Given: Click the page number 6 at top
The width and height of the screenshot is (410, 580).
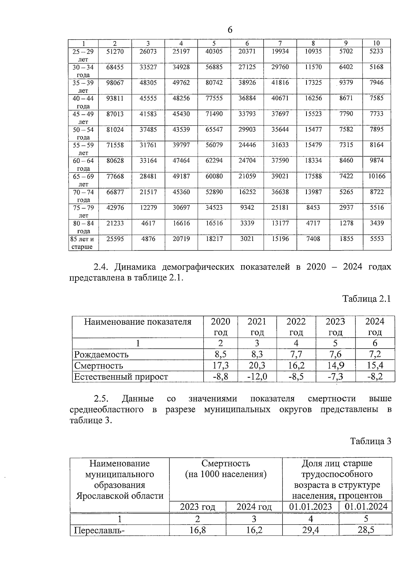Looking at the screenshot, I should click(x=230, y=30).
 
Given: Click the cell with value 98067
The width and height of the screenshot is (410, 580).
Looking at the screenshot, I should click(x=115, y=83).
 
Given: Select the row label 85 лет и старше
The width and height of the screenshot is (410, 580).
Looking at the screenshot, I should click(x=82, y=243).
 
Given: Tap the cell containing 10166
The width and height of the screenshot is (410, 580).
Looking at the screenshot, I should click(x=377, y=176).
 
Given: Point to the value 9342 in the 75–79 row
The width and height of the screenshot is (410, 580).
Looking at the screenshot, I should click(x=247, y=207).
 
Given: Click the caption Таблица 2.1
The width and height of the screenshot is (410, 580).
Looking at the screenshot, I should click(x=366, y=299).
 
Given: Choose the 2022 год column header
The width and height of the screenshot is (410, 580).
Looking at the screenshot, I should click(x=296, y=327).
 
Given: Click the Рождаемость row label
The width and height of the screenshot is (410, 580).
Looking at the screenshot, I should click(x=101, y=354).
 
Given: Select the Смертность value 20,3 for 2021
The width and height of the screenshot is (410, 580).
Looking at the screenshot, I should click(x=257, y=366).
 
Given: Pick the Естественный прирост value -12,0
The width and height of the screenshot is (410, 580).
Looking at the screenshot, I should click(x=257, y=377).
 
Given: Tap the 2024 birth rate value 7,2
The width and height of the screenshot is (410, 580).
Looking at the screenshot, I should click(x=375, y=354).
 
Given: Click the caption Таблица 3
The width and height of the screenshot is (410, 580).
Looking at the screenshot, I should click(x=370, y=441).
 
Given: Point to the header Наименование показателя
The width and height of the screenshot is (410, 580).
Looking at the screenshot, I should click(x=138, y=322).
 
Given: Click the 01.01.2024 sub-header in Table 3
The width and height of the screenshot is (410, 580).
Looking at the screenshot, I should click(x=366, y=507).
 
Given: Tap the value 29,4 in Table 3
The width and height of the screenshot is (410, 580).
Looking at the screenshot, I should click(x=311, y=530).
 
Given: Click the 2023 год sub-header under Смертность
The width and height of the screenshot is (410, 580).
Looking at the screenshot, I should click(x=197, y=507).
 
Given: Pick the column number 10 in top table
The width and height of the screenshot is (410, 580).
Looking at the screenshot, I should click(x=376, y=43).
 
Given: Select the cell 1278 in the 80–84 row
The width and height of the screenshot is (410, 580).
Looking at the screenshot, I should click(x=346, y=223).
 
